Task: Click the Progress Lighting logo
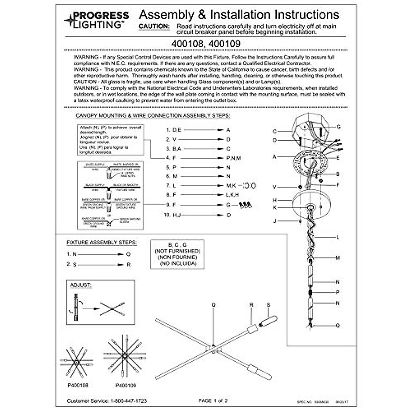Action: tap(97, 20)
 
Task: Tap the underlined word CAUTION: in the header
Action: tap(154, 26)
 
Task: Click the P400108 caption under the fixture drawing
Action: tap(78, 385)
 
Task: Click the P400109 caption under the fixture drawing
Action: tap(126, 385)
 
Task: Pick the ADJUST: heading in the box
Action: tap(80, 285)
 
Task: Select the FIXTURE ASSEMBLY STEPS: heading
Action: tap(101, 242)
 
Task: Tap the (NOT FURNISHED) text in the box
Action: tap(177, 251)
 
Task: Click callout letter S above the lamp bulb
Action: tap(269, 305)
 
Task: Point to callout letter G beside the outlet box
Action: tap(338, 127)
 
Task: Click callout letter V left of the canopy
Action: tap(274, 187)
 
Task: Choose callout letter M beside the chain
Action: tap(338, 258)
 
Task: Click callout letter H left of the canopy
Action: tap(275, 200)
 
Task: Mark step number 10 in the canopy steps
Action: tap(167, 215)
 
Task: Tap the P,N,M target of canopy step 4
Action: tap(233, 158)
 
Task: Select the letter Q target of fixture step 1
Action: tap(128, 254)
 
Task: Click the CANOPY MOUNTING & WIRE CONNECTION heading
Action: tap(153, 116)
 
